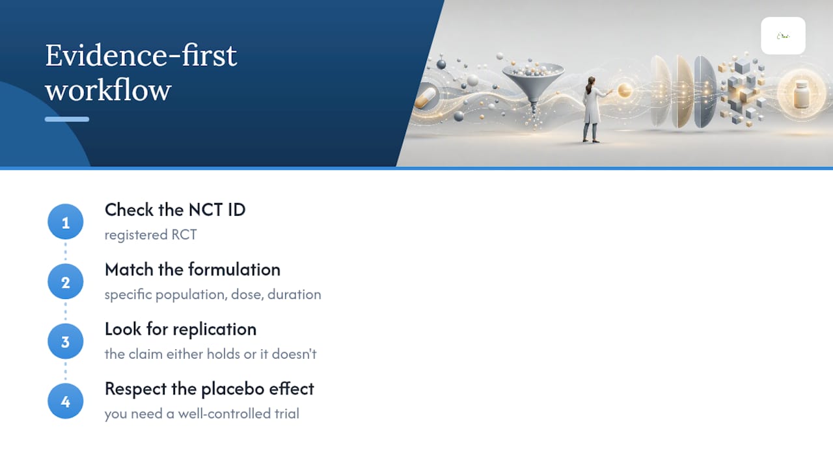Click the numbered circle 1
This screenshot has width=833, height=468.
[x=66, y=222]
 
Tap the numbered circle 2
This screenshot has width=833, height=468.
[x=66, y=281]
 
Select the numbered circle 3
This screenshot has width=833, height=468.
[x=66, y=341]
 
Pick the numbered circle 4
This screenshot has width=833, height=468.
[x=66, y=401]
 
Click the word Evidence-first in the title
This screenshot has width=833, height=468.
[x=141, y=56]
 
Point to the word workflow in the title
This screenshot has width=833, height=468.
[x=108, y=90]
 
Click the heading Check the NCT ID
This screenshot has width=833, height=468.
[x=175, y=210]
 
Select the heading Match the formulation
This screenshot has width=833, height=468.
[x=193, y=270]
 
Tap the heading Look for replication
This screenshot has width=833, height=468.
[x=181, y=330]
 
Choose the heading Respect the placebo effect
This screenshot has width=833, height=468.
[x=210, y=389]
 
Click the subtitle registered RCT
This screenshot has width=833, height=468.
[x=150, y=235]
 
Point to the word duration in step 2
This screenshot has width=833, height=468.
[x=294, y=294]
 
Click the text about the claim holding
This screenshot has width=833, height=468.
[x=210, y=354]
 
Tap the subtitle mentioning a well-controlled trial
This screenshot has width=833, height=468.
[x=202, y=414]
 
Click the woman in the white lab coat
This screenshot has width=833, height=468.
[x=593, y=110]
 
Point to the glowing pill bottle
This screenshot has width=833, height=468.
[x=801, y=94]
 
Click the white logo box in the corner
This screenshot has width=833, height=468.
[x=783, y=36]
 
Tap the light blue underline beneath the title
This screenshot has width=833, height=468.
[x=67, y=119]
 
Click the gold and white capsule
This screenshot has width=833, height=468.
[x=426, y=98]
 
